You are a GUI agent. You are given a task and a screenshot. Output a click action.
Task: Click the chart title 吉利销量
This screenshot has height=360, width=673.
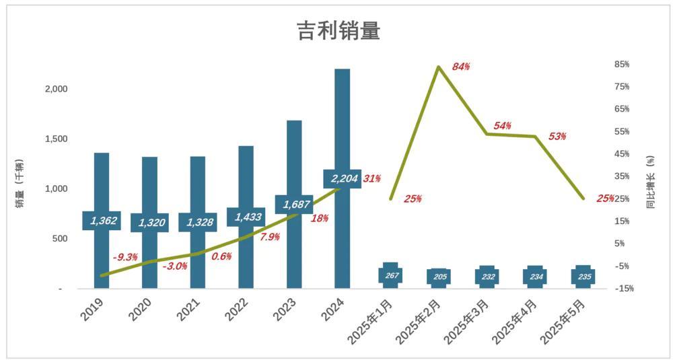pyautogui.click(x=339, y=31)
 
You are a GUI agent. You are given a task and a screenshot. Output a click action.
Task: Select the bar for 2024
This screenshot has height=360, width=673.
pyautogui.click(x=342, y=121)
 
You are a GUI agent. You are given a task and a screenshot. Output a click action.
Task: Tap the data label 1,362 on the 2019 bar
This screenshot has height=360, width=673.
pyautogui.click(x=102, y=221)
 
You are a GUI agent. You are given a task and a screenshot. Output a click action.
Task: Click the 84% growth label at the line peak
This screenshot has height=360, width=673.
pyautogui.click(x=461, y=67)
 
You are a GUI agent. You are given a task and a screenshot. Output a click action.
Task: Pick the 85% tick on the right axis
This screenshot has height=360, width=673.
pyautogui.click(x=621, y=65)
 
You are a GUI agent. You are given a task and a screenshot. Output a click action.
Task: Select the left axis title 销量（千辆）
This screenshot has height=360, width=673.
pyautogui.click(x=20, y=183)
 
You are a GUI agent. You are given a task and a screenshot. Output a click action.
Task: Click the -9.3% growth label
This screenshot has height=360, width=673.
pyautogui.click(x=125, y=257)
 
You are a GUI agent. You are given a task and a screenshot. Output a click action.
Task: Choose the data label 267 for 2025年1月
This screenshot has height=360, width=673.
pyautogui.click(x=390, y=276)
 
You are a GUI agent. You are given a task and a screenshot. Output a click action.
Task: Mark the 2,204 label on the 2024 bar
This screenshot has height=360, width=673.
pyautogui.click(x=342, y=179)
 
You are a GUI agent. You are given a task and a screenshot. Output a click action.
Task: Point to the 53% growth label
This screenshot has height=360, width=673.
pyautogui.click(x=557, y=137)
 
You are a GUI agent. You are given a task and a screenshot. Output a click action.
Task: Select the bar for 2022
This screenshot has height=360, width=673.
pyautogui.click(x=246, y=182)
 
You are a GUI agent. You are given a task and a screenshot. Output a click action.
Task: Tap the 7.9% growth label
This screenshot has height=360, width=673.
pyautogui.click(x=269, y=237)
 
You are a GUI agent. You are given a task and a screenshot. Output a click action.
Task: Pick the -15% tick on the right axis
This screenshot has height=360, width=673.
pyautogui.click(x=623, y=289)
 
